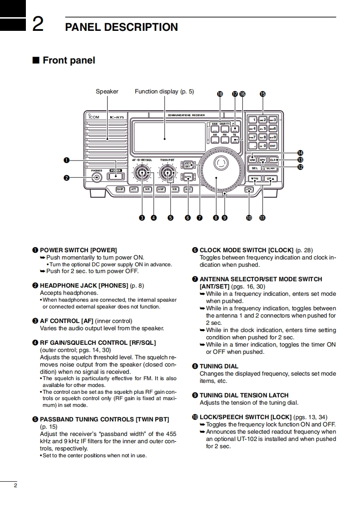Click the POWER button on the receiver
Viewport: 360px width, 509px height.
(115, 177)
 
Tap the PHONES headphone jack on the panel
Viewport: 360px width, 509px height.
(96, 177)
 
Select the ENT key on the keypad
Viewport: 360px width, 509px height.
(272, 146)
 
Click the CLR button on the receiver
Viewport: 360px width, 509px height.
(273, 160)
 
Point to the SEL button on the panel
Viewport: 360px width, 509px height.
(254, 168)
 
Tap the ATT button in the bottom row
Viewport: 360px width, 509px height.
(134, 189)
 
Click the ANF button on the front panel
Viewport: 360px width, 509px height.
(161, 189)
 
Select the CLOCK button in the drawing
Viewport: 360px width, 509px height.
(188, 177)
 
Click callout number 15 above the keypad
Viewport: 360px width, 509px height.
(262, 94)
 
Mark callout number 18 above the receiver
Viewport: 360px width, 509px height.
(220, 94)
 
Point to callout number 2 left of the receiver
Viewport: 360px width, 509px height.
(67, 178)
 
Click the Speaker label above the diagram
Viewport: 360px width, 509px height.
(107, 92)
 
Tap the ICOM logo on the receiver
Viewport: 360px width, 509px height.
(94, 117)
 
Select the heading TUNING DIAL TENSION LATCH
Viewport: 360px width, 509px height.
(244, 395)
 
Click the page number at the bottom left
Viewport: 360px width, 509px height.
(15, 485)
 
